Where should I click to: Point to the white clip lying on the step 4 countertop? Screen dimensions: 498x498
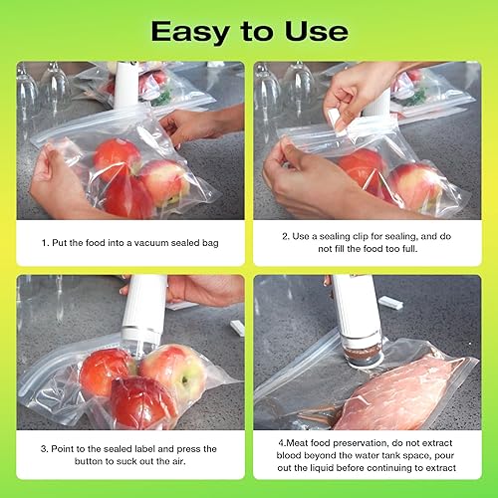point(391,302)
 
